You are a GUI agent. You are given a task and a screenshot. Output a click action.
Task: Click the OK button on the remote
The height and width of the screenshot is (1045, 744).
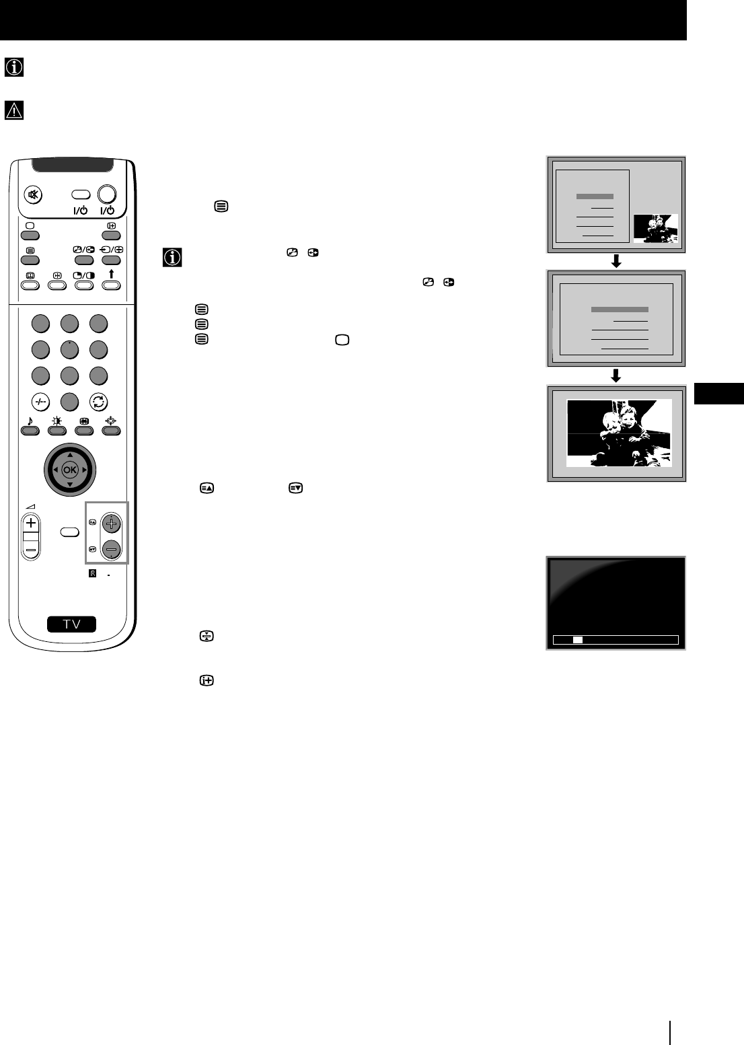70,470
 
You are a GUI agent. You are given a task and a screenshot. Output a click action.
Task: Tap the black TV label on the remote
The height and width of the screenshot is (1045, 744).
71,624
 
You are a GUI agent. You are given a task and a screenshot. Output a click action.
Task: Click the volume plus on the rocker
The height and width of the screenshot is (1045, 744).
31,523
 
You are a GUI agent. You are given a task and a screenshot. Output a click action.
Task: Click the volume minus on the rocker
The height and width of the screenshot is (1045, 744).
31,550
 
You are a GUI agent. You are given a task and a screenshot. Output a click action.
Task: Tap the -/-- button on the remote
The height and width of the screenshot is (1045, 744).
40,402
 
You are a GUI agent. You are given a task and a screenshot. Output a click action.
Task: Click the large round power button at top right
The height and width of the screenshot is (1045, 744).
107,194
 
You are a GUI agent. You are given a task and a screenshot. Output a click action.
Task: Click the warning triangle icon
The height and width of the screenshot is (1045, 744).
14,110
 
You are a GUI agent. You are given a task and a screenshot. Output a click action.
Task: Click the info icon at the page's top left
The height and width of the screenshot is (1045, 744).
14,67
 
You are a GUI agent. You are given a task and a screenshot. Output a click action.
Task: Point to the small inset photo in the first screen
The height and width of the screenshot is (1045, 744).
656,229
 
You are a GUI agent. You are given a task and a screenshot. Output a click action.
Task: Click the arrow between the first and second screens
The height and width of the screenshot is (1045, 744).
615,262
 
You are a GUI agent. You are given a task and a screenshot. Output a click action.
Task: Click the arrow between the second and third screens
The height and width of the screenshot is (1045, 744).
615,376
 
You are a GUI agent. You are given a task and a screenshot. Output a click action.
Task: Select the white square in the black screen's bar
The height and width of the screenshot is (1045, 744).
577,640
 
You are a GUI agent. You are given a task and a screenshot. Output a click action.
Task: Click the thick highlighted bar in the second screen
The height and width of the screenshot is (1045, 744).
620,310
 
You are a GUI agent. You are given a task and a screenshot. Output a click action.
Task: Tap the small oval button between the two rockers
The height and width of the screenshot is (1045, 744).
70,532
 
